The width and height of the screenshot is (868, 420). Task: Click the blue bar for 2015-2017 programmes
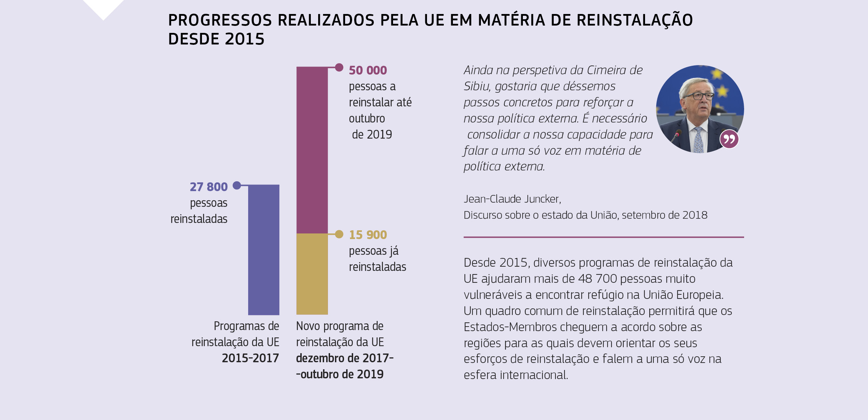264,250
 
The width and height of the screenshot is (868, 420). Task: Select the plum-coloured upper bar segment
312,150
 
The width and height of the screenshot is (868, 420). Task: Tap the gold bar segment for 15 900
312,274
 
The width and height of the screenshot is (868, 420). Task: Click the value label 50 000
368,70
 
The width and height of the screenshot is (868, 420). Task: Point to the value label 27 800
209,187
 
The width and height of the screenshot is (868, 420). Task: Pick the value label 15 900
368,235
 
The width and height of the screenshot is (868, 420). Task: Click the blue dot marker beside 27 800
237,185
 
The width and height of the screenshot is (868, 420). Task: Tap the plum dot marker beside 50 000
339,67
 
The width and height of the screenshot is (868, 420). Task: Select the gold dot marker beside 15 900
339,234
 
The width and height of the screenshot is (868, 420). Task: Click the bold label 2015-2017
250,358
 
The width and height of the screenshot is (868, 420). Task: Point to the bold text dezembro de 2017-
344,358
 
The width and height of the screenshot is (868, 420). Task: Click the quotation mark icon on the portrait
729,139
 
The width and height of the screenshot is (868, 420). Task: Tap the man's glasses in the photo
699,96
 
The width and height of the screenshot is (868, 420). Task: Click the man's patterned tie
698,140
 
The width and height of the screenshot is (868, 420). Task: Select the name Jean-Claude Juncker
512,199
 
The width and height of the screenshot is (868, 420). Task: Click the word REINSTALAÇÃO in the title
635,20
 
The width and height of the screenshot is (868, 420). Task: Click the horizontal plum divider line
603,237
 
